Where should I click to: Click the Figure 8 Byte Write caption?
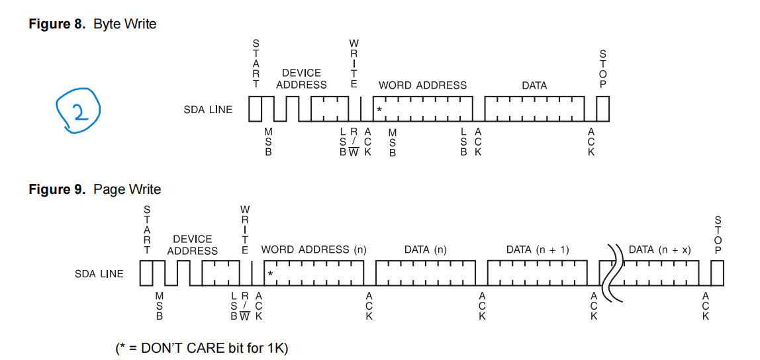93,24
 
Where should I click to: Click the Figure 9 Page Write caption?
95,190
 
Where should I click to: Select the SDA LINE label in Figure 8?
208,109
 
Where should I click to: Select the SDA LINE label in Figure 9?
99,274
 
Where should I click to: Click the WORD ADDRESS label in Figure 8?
422,85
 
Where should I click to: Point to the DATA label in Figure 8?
534,85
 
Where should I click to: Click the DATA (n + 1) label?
537,250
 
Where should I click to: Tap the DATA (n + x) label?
659,250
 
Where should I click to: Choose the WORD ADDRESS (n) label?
314,250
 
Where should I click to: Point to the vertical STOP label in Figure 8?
602,68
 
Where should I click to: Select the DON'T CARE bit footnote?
202,347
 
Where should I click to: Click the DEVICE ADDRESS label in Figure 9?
192,245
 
